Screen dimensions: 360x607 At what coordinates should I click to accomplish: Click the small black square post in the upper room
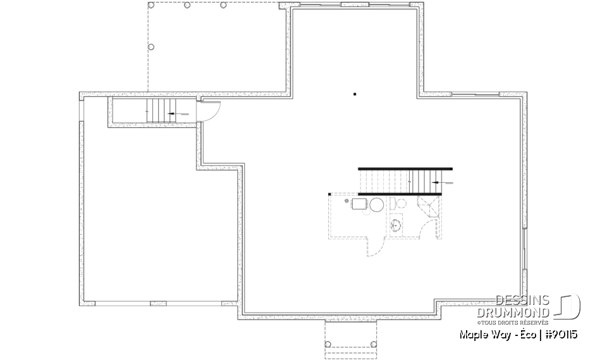click(355, 95)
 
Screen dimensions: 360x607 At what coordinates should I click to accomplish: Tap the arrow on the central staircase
click(443, 182)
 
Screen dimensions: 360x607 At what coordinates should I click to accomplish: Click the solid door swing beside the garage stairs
click(212, 113)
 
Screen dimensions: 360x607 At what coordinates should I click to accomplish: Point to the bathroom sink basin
click(397, 225)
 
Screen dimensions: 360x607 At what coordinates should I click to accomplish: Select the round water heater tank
click(376, 204)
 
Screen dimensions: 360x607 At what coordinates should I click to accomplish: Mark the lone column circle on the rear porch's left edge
click(150, 47)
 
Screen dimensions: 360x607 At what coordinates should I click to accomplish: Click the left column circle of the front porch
click(328, 344)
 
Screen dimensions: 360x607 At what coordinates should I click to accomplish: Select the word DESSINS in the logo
click(522, 301)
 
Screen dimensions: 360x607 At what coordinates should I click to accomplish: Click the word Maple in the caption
click(472, 333)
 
